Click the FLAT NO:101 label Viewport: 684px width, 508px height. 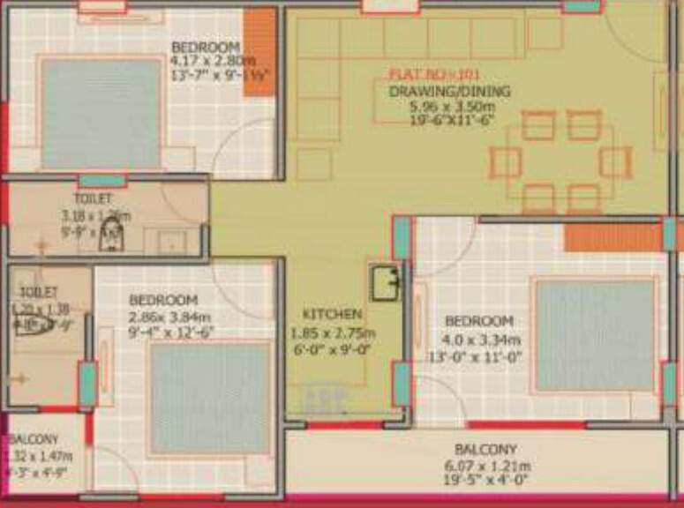pos(434,76)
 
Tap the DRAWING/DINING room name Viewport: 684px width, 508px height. pos(449,91)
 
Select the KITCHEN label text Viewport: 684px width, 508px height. pos(332,315)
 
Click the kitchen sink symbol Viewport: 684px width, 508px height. pos(386,282)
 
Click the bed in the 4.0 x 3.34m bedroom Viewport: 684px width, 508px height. pos(595,334)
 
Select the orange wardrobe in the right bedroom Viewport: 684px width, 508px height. pos(613,237)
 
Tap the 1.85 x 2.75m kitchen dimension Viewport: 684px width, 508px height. pos(333,333)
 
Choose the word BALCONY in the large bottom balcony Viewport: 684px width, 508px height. pos(485,450)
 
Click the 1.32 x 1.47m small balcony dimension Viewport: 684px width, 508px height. pos(40,456)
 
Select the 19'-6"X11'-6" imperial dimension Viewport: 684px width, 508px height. pos(449,120)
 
